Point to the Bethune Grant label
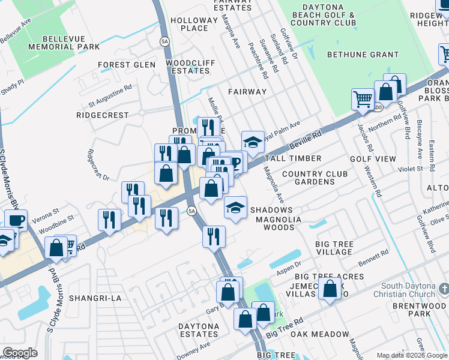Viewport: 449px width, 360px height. coord(363,55)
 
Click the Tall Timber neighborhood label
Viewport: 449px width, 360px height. coord(293,158)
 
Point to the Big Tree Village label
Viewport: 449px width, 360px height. coord(326,247)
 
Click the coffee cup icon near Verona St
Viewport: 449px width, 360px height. coord(16,220)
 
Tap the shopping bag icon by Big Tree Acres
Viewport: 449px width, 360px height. coord(330,288)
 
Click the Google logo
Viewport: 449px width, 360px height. coord(20,353)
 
